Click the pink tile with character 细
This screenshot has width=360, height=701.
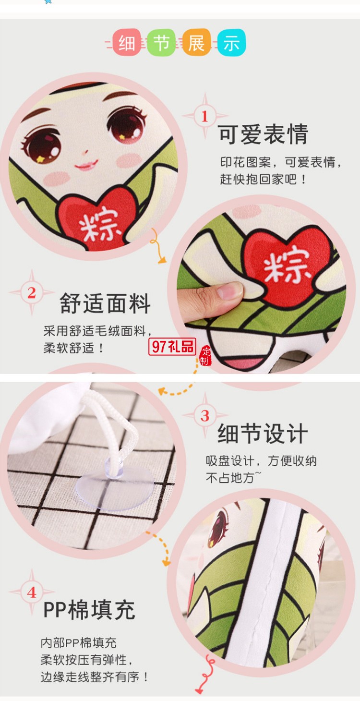(x=127, y=43)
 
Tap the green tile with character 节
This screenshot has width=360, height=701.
(x=161, y=43)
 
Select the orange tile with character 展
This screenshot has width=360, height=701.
(x=196, y=43)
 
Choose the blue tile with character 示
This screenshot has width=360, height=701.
(x=231, y=43)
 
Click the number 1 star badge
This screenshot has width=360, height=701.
(x=205, y=116)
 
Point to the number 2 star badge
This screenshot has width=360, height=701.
(x=32, y=292)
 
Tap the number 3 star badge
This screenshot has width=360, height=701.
(x=205, y=415)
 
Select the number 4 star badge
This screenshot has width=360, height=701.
(x=32, y=592)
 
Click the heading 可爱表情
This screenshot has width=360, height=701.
(x=263, y=135)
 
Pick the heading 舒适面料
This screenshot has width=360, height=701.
(x=105, y=304)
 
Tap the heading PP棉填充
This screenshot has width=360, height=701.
(x=89, y=610)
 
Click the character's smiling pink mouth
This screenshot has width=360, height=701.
(x=86, y=166)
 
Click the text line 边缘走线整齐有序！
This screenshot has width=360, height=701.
(x=95, y=677)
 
